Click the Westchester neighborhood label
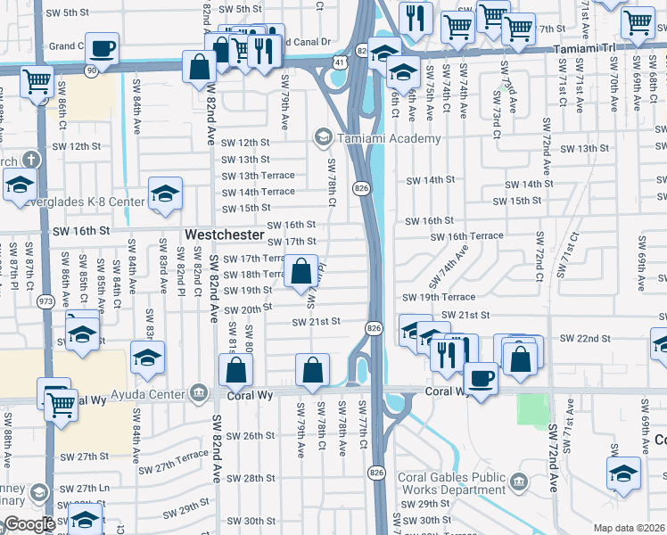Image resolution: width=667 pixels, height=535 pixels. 225,235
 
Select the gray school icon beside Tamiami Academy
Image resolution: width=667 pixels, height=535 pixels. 322,137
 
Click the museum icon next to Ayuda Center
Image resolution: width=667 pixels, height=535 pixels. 198,391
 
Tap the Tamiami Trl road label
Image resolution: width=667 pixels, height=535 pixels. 597,50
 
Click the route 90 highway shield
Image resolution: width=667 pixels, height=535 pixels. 91,70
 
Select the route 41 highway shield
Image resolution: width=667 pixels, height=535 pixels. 341,62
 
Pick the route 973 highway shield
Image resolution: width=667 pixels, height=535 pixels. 45,300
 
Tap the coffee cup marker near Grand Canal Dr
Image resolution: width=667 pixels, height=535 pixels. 103,48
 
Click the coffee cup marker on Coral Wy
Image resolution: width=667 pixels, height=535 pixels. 482,378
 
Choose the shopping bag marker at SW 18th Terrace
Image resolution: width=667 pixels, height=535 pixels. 301,270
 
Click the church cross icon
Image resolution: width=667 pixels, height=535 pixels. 30,160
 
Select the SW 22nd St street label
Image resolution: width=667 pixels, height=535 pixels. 585,339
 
